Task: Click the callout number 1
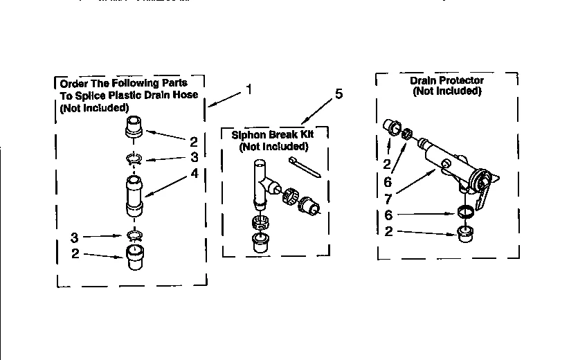point(249,89)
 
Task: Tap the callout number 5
point(338,95)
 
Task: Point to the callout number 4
point(194,173)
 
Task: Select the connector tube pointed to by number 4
point(134,196)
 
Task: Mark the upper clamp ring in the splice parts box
point(134,160)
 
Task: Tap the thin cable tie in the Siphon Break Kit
point(305,166)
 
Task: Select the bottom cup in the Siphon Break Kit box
point(260,242)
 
